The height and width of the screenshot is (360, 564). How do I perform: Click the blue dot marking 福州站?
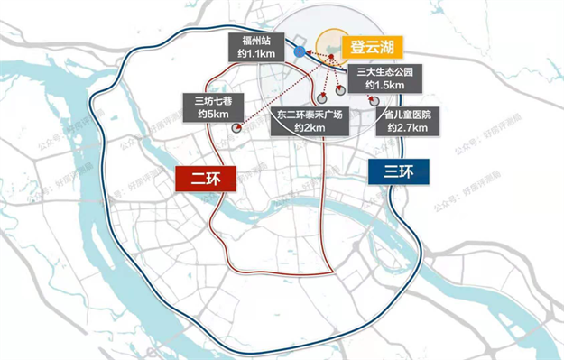coord(299,53)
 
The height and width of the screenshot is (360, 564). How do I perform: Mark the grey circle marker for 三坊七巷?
coord(236,127)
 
